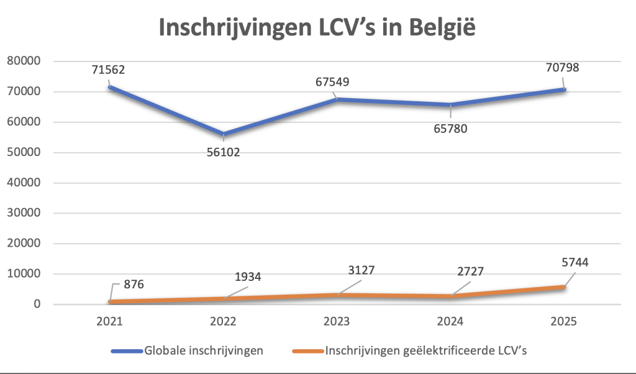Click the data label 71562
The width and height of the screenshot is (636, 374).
click(x=108, y=70)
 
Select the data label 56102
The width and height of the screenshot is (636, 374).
click(x=223, y=152)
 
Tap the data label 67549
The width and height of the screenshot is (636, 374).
click(x=337, y=82)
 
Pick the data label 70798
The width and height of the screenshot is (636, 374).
click(x=562, y=67)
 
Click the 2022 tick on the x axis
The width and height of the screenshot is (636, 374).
click(x=223, y=322)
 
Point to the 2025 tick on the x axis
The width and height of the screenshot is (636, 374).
click(x=563, y=322)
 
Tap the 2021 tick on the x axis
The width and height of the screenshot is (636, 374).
click(x=109, y=322)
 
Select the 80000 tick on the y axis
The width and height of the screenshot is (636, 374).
click(x=23, y=61)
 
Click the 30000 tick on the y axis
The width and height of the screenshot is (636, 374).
click(x=23, y=213)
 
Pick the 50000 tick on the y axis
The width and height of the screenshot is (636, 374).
click(x=23, y=152)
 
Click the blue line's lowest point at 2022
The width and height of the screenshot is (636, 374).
click(x=223, y=134)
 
